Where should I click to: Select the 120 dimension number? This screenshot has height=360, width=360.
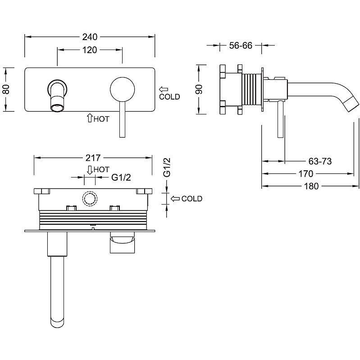(x=90, y=50)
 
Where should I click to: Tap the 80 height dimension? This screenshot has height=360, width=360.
(x=6, y=89)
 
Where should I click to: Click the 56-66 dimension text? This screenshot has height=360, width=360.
(x=240, y=45)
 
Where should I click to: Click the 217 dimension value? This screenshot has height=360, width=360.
(x=92, y=158)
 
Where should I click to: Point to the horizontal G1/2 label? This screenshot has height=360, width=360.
(x=121, y=177)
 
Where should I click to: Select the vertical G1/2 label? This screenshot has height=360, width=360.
(x=166, y=168)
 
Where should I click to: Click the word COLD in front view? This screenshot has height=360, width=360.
(x=169, y=96)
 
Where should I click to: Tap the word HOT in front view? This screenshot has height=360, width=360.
(x=102, y=119)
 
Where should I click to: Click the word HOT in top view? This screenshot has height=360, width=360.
(x=101, y=169)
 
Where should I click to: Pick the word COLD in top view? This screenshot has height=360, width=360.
(x=191, y=199)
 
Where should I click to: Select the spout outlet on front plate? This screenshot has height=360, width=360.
(x=57, y=107)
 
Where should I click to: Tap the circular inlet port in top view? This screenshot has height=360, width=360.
(x=89, y=199)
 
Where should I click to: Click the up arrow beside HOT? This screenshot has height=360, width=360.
(x=90, y=118)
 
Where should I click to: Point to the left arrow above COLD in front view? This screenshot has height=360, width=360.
(x=164, y=89)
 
